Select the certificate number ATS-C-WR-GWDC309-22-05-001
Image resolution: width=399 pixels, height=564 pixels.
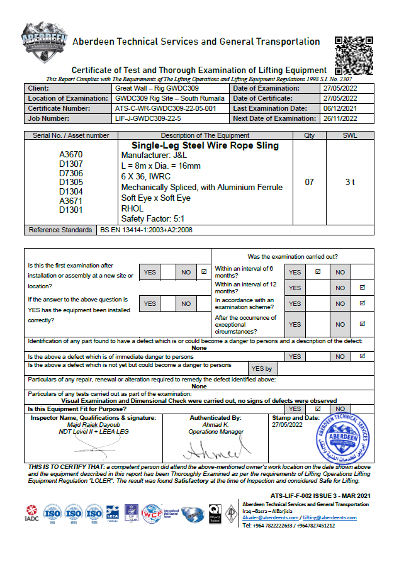[166, 108]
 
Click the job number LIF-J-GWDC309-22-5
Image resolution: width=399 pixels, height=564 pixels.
[148, 118]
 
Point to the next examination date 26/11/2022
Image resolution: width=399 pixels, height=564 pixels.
[340, 118]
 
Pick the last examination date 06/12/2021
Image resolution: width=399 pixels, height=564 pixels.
[340, 108]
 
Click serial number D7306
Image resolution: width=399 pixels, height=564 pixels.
[71, 173]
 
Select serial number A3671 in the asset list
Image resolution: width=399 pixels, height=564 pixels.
[71, 201]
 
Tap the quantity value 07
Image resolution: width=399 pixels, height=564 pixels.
[309, 182]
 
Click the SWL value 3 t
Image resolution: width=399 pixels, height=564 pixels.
[351, 182]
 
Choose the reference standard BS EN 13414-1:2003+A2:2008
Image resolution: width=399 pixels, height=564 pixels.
[147, 230]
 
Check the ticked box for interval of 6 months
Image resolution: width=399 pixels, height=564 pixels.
[317, 272]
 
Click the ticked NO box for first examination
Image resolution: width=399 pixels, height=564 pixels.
[203, 272]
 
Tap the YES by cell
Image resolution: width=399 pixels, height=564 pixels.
[261, 369]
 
